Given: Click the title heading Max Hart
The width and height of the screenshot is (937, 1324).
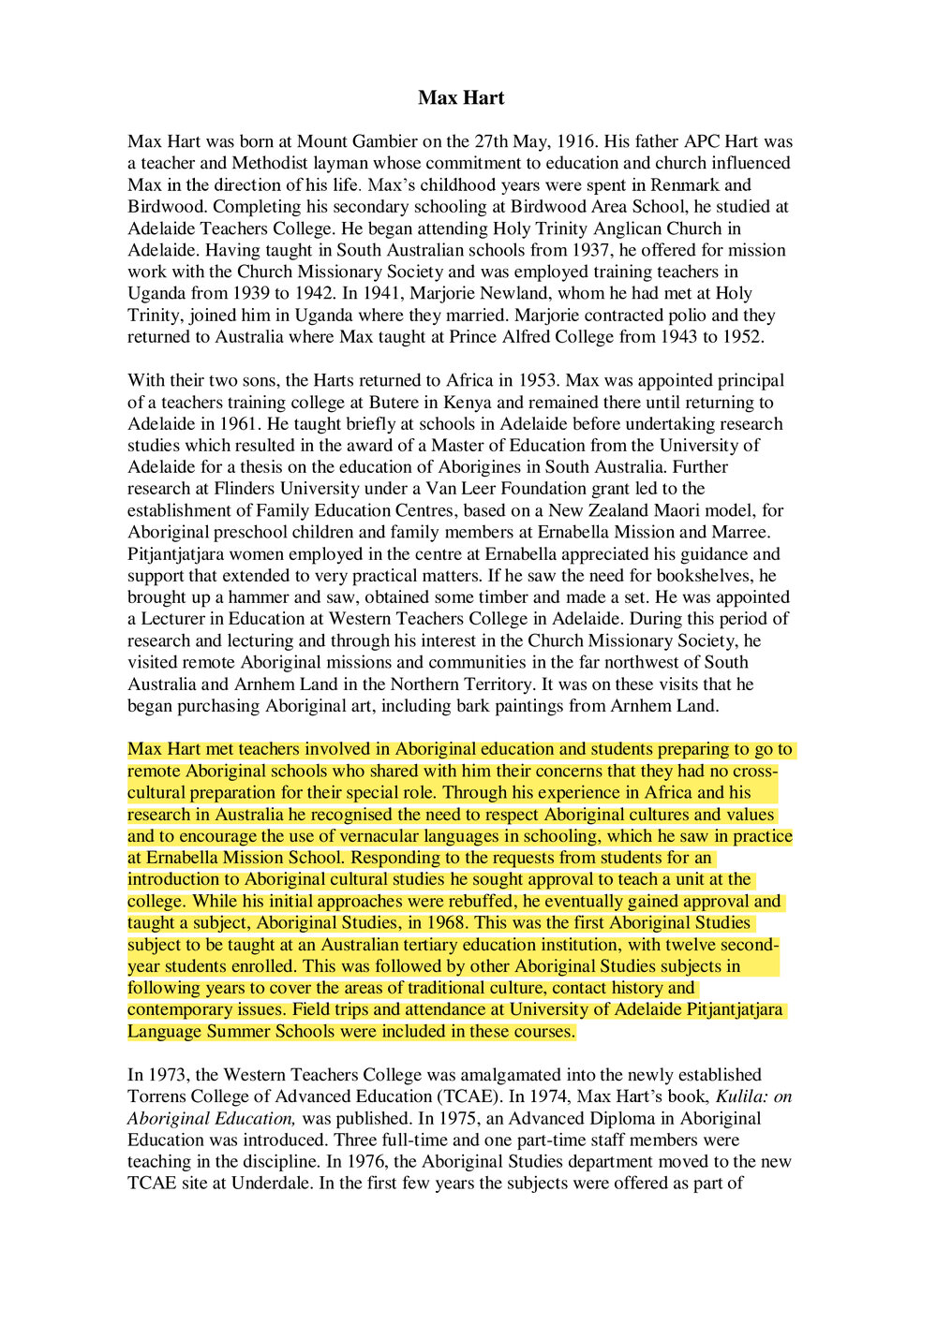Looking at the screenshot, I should tap(461, 98).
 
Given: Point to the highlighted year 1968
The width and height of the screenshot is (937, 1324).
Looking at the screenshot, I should tap(446, 923).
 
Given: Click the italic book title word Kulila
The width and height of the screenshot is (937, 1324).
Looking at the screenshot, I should tap(742, 1097).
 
